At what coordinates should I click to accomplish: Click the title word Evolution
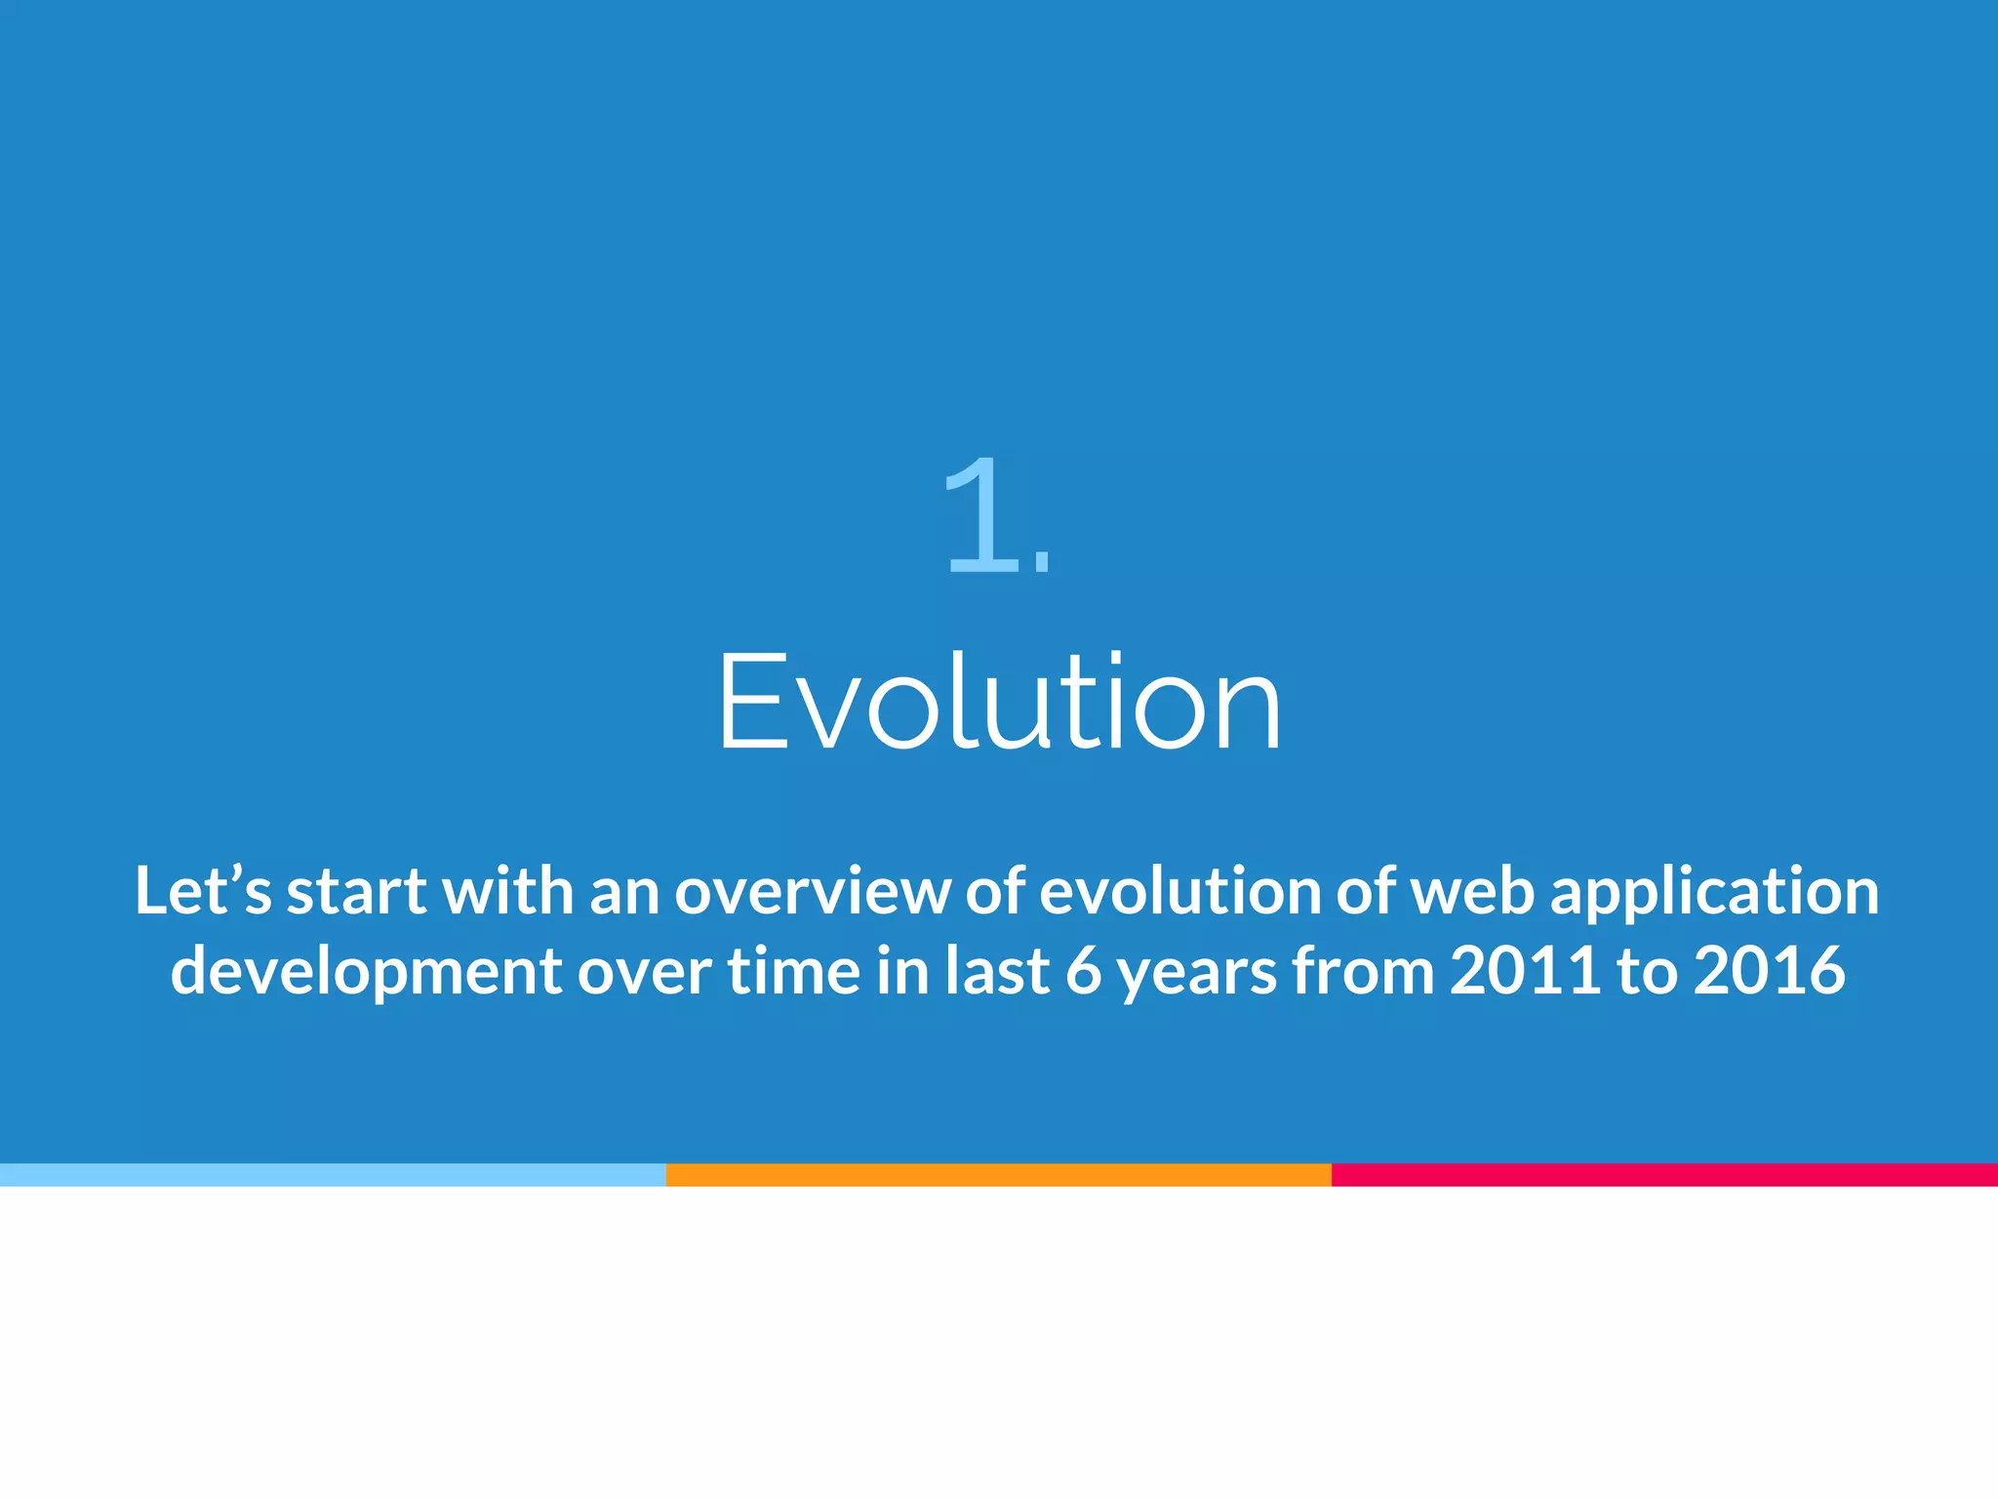[999, 703]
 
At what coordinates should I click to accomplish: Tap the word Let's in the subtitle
[202, 891]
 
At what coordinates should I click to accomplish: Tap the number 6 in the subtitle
[1083, 971]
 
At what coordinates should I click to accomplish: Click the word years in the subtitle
[1196, 973]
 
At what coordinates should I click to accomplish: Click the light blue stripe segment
[332, 1175]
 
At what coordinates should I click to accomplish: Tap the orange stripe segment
[998, 1175]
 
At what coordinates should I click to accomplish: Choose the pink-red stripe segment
[1664, 1175]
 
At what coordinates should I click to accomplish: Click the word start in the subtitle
[356, 891]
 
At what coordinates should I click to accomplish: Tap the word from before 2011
[1362, 971]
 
